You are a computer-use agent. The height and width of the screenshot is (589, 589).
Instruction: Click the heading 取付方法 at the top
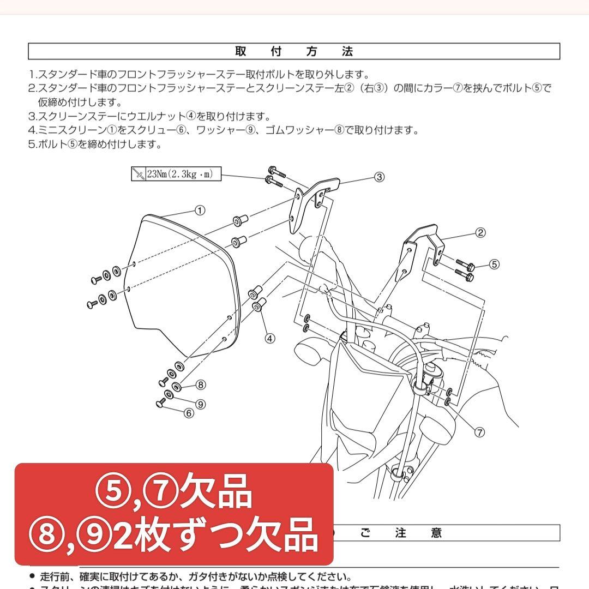[294, 51]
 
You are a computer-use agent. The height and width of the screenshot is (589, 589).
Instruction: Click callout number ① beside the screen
[200, 210]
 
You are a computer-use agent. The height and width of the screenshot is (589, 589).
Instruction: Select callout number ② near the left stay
[480, 233]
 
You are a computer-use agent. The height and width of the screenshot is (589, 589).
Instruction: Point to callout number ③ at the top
[380, 177]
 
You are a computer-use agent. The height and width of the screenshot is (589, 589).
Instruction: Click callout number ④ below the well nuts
[269, 338]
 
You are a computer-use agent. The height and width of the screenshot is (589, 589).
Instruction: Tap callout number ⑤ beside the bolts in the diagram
[494, 264]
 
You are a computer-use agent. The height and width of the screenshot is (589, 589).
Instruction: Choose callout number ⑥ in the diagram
[189, 413]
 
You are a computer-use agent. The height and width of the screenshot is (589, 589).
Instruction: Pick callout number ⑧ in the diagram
[201, 385]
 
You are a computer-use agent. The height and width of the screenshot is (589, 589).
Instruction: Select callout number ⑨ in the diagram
[201, 404]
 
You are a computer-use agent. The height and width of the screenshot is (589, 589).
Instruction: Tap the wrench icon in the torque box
[139, 174]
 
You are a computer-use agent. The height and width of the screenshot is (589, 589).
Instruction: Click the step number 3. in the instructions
[33, 116]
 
